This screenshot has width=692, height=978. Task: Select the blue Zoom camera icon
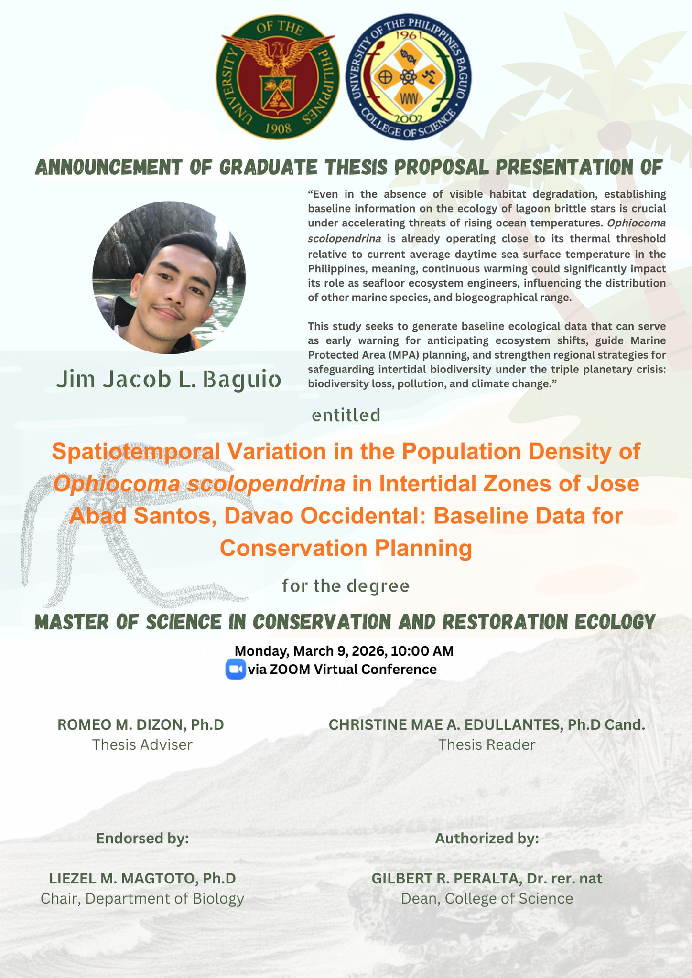(x=235, y=669)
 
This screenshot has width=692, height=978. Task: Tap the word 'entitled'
(x=346, y=415)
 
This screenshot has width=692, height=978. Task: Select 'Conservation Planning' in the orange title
(x=346, y=548)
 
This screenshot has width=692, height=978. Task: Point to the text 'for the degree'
(x=346, y=586)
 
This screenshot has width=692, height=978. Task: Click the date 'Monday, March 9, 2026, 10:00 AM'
(x=344, y=651)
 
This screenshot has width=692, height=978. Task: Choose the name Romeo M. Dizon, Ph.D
(x=141, y=724)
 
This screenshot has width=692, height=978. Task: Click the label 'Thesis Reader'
(x=487, y=744)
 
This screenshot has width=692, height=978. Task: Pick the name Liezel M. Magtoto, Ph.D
(x=142, y=878)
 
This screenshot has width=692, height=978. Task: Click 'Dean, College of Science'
(x=487, y=899)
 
